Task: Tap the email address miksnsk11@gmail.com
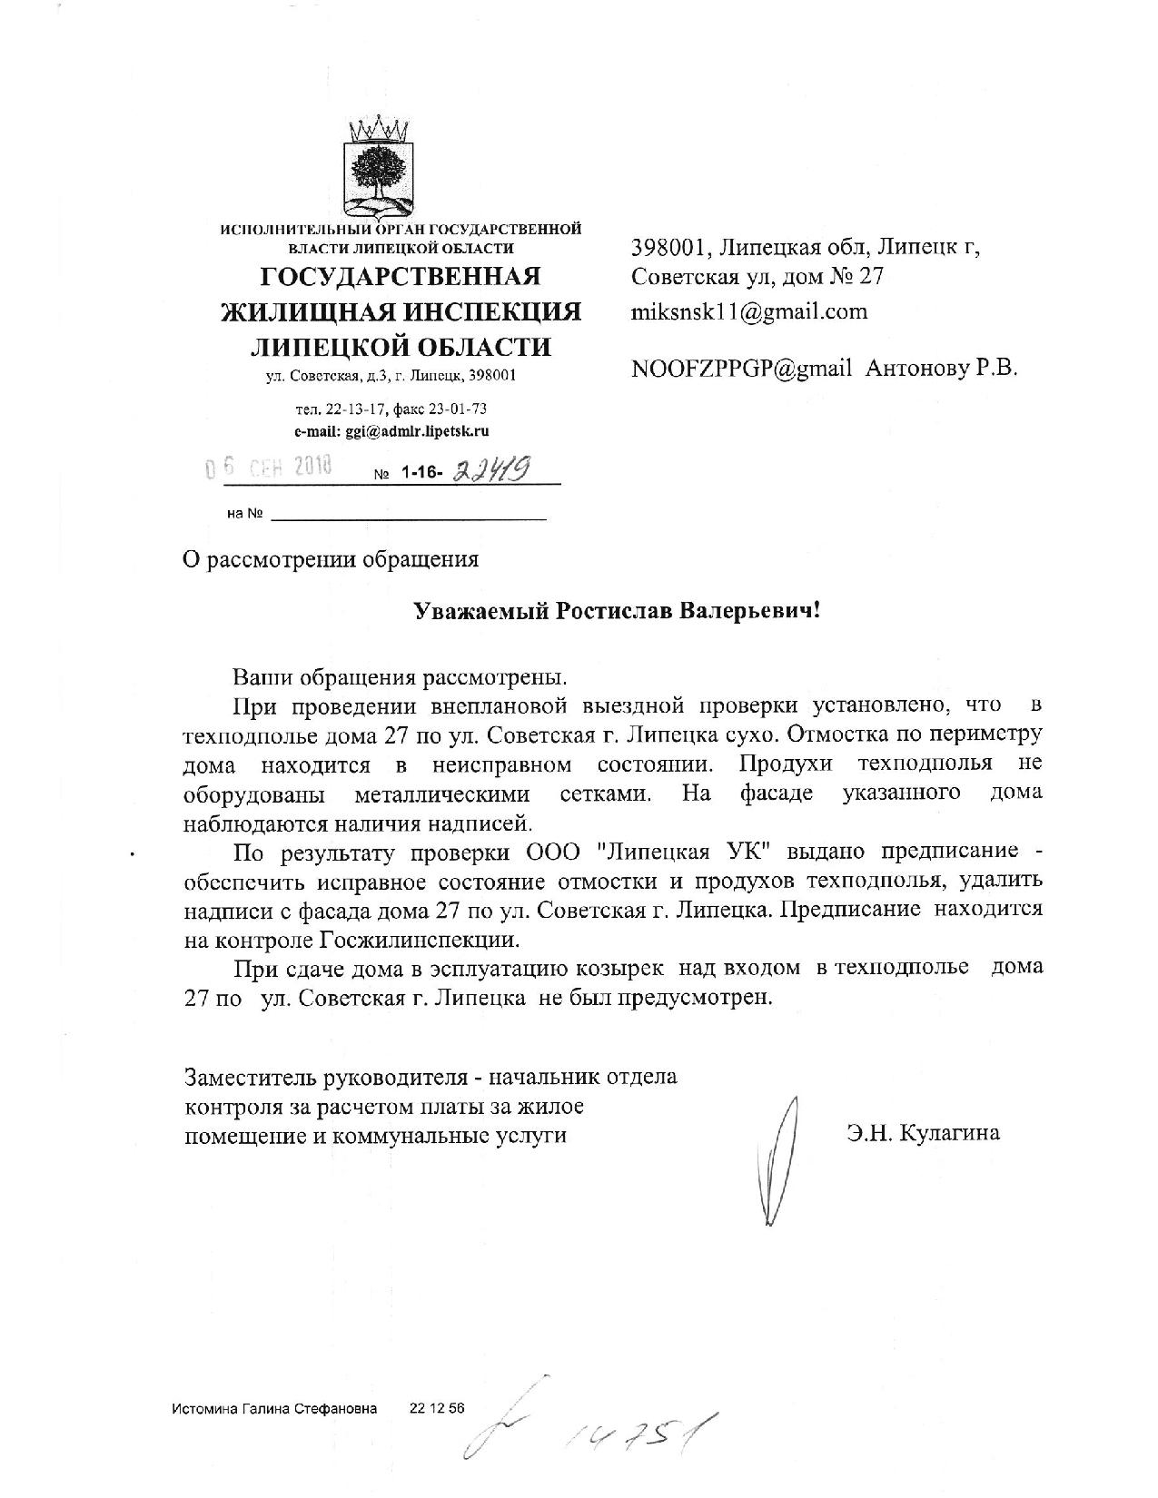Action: coord(749,311)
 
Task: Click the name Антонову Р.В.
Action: coord(942,368)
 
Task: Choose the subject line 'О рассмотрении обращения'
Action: coord(332,559)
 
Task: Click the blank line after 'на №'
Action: coord(409,516)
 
